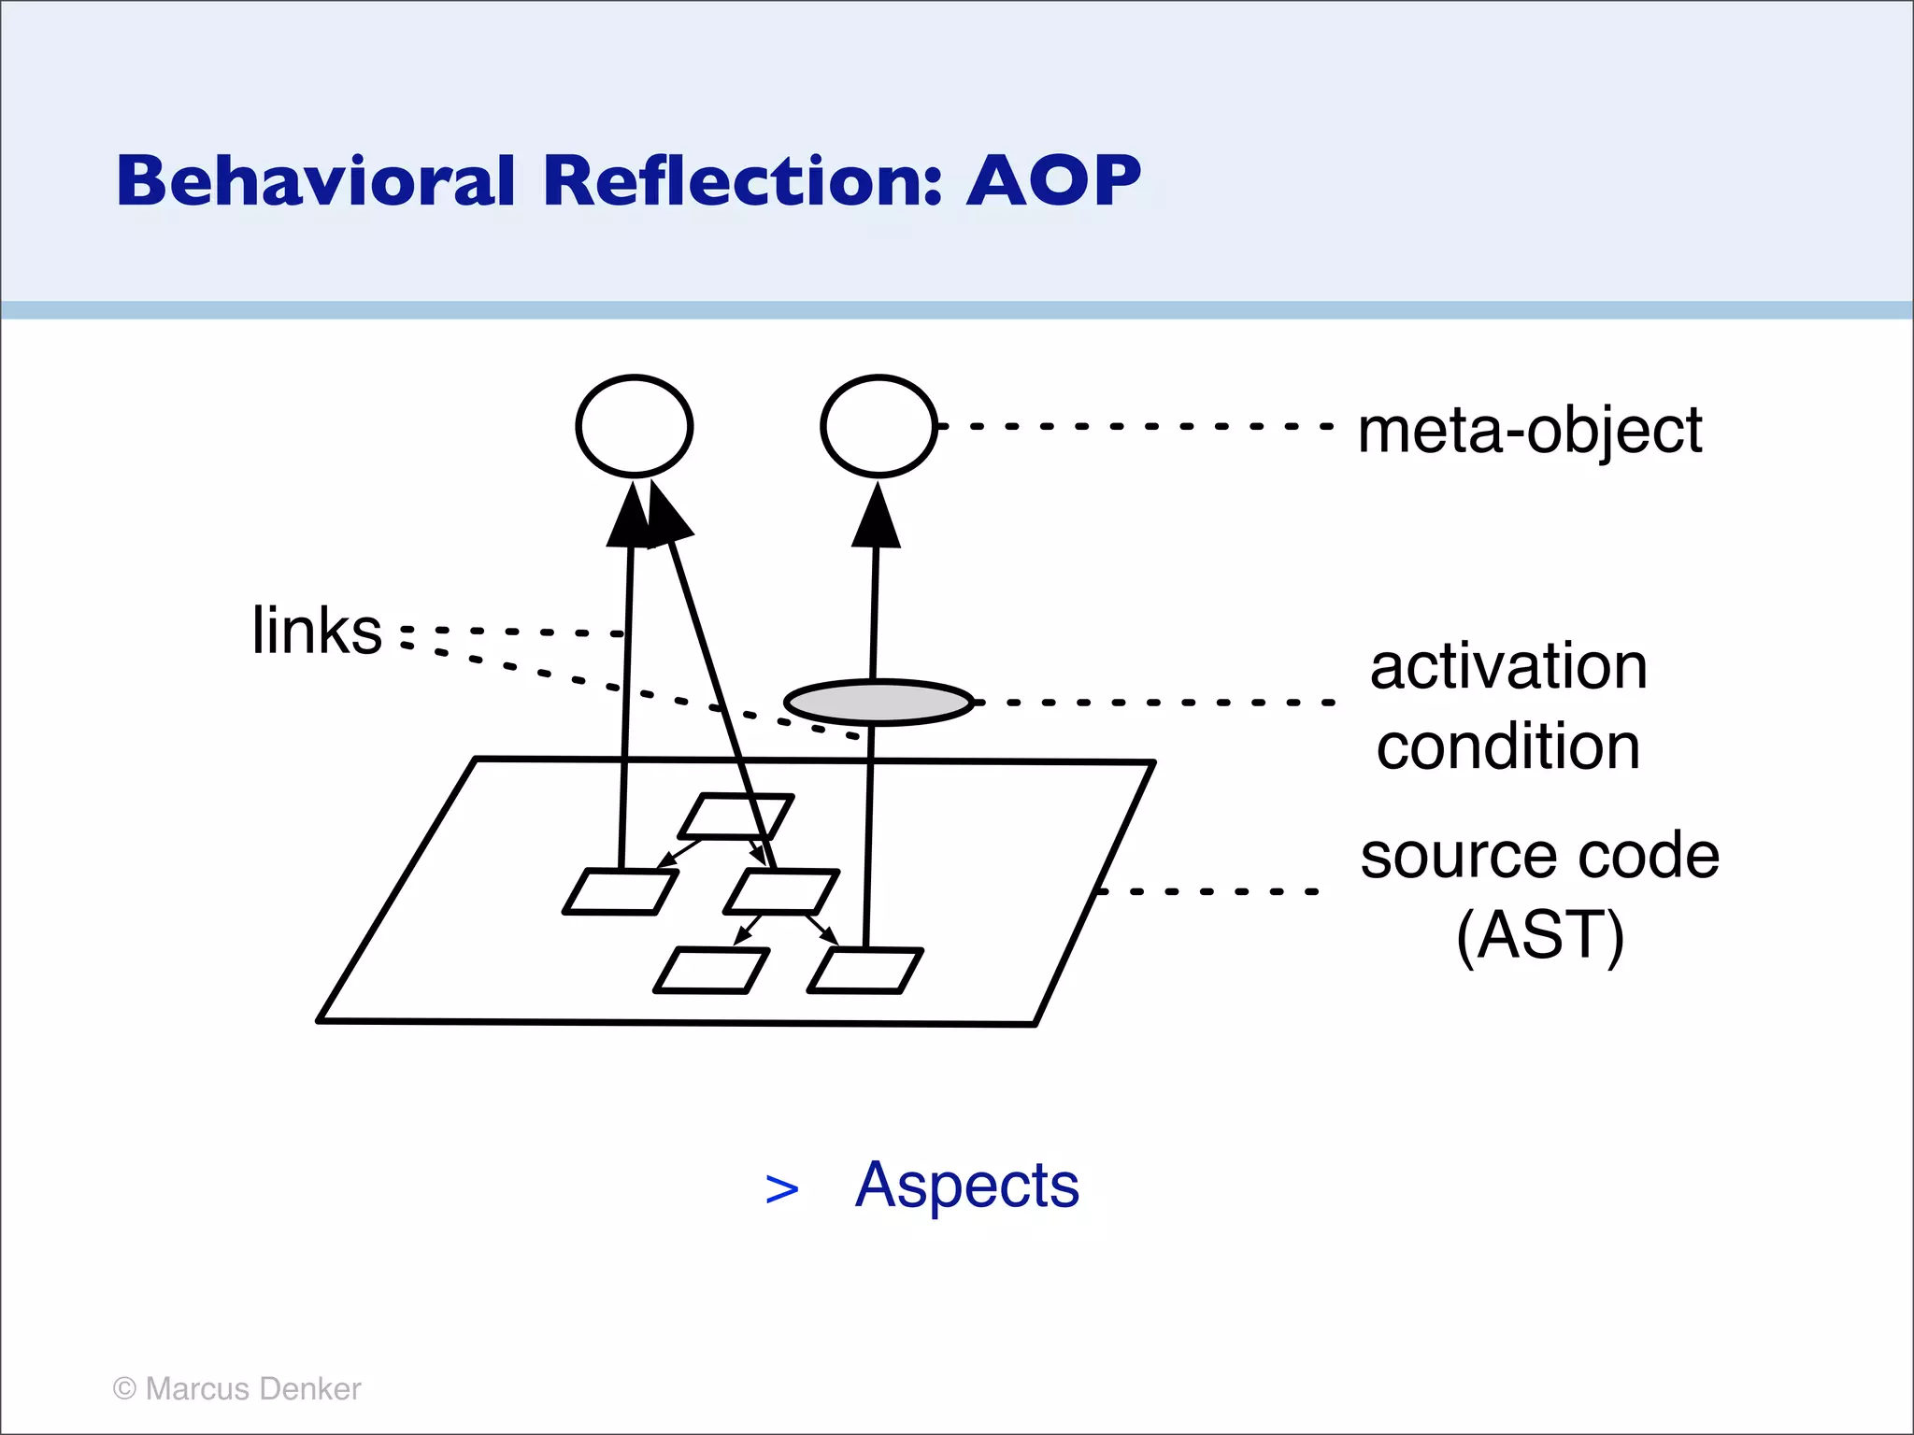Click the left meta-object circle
pyautogui.click(x=635, y=427)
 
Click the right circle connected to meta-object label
pyautogui.click(x=878, y=427)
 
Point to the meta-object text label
pyautogui.click(x=1529, y=431)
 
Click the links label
pyautogui.click(x=317, y=631)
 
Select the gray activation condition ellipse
pyautogui.click(x=878, y=703)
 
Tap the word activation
pyautogui.click(x=1508, y=667)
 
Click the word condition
pyautogui.click(x=1508, y=747)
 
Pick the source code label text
pyautogui.click(x=1539, y=856)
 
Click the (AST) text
pyautogui.click(x=1539, y=935)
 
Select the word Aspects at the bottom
pyautogui.click(x=966, y=1185)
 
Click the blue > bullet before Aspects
pyautogui.click(x=781, y=1189)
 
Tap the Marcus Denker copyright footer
pyautogui.click(x=236, y=1389)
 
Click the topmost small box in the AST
pyautogui.click(x=736, y=817)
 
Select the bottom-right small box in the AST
pyautogui.click(x=865, y=971)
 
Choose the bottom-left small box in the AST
pyautogui.click(x=712, y=971)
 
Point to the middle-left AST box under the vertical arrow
pyautogui.click(x=621, y=892)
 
